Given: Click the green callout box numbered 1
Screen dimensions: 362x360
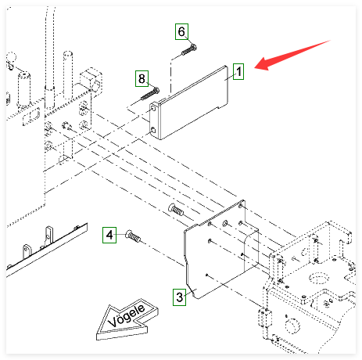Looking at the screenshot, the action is tap(238, 71).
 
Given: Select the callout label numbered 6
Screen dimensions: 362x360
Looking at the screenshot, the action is tap(181, 31).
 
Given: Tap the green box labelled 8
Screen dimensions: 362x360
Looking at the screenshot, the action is tap(142, 78).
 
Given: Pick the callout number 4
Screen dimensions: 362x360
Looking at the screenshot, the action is tap(109, 235).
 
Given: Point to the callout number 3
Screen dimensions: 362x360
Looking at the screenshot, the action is tap(179, 297).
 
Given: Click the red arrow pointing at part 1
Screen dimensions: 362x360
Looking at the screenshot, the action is tap(292, 55).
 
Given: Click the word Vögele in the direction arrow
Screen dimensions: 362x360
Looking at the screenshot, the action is tap(127, 315).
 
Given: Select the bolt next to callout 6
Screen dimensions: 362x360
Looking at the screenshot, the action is tap(189, 50).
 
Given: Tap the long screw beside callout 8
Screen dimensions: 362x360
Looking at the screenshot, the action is tap(150, 94).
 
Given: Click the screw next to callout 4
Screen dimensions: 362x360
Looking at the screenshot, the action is tap(133, 236).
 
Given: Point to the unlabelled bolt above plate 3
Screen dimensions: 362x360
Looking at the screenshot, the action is tap(176, 209).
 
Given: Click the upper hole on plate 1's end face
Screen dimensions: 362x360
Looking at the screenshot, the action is tap(153, 108).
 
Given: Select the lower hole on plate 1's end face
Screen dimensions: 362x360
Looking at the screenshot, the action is tap(153, 130).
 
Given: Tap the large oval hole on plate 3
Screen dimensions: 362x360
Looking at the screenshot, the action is tap(225, 223).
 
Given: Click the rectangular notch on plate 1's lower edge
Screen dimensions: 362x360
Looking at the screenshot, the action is tap(222, 106).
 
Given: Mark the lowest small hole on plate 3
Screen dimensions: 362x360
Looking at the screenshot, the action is tap(206, 275).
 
